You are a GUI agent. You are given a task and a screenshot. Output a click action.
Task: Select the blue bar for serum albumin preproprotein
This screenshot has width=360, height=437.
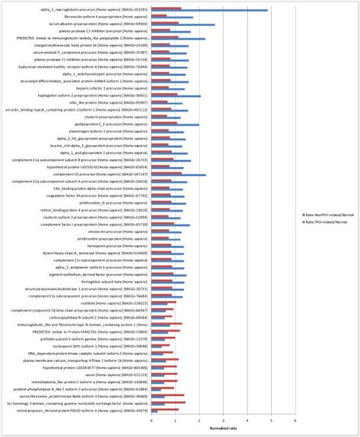click(182, 24)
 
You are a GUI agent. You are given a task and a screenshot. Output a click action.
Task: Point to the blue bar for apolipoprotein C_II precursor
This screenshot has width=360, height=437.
click(175, 125)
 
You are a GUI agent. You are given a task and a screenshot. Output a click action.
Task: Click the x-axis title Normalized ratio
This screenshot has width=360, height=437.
click(223, 429)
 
